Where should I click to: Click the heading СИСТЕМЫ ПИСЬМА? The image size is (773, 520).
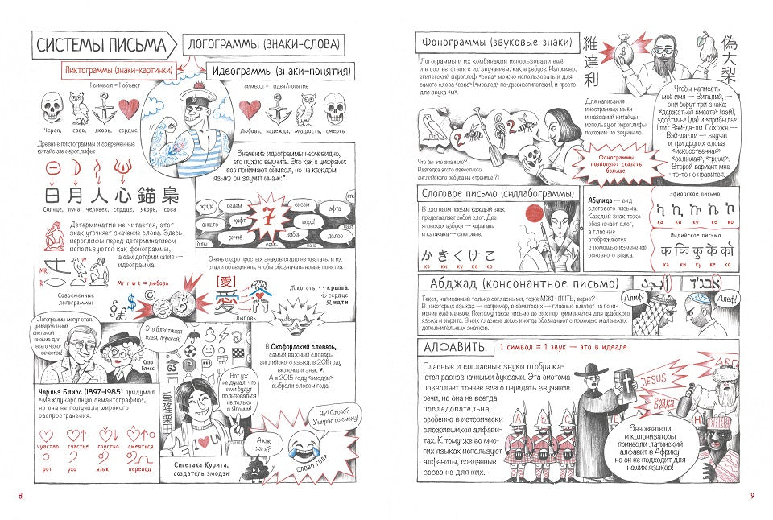(100, 46)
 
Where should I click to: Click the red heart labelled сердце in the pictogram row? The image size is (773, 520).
(130, 108)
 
